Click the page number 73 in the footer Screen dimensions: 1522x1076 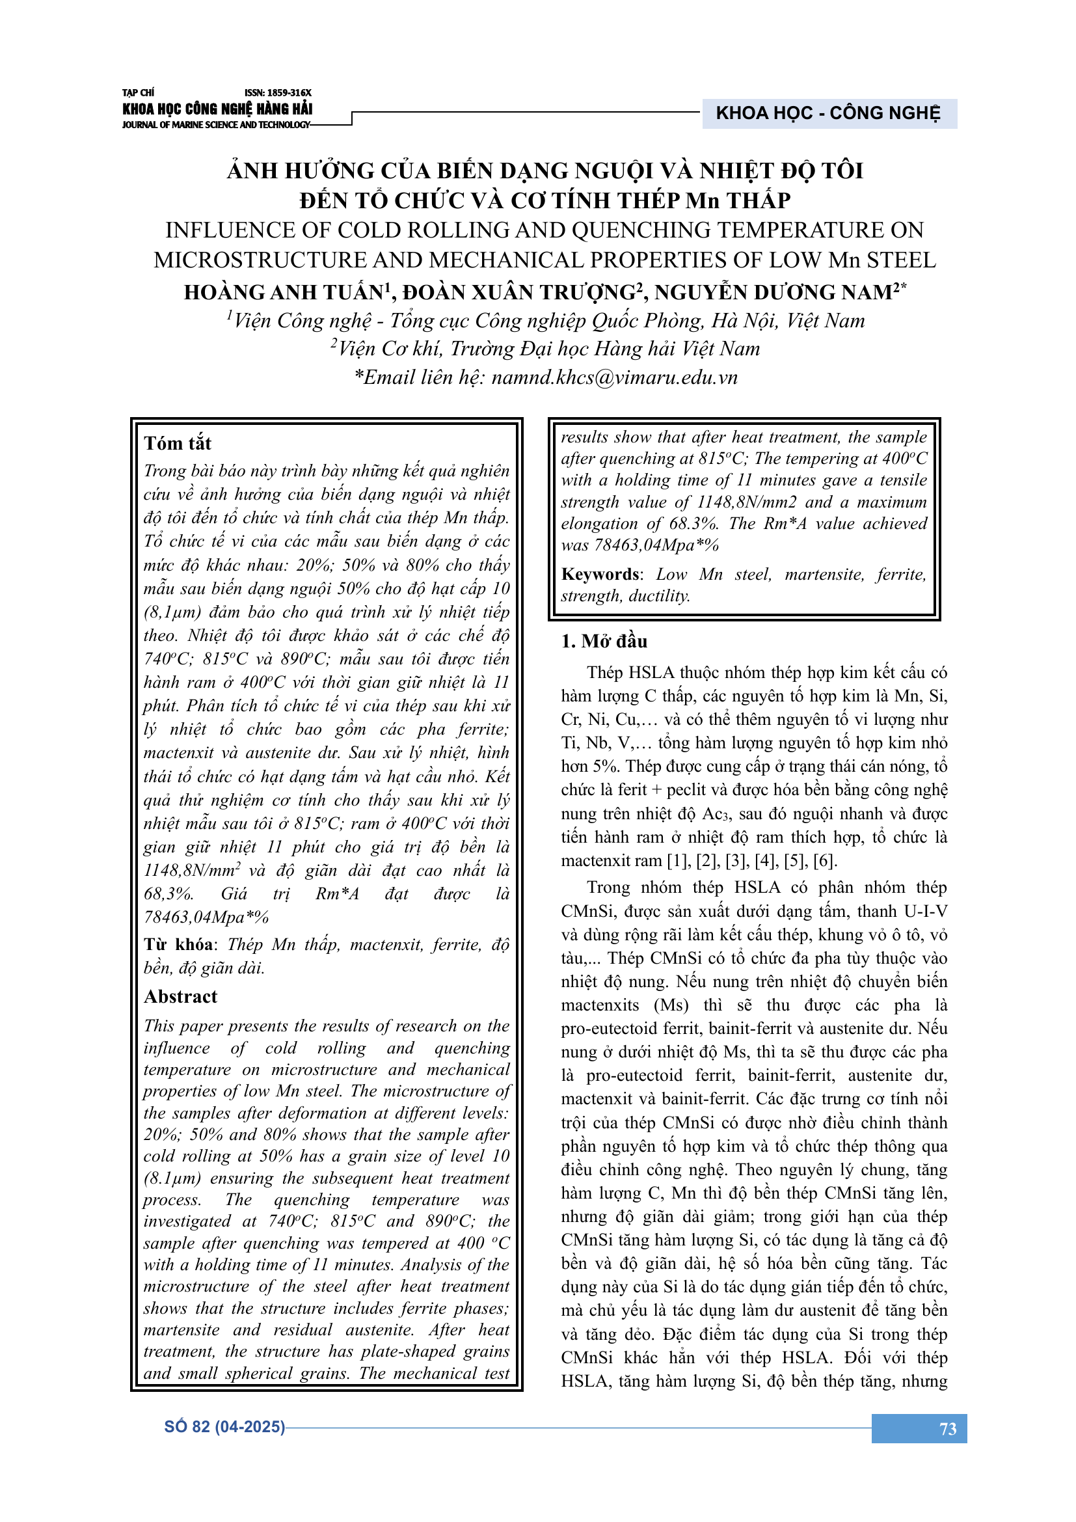(x=947, y=1428)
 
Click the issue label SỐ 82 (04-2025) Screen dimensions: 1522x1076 (x=224, y=1426)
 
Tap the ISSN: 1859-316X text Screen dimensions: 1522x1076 (x=278, y=93)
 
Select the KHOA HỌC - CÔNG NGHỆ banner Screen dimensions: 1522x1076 (x=828, y=113)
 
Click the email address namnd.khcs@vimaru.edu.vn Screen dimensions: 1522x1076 (x=614, y=378)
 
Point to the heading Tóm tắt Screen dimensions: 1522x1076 (x=178, y=443)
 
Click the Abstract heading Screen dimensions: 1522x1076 (x=181, y=997)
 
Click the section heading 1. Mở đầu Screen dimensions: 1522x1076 (x=604, y=641)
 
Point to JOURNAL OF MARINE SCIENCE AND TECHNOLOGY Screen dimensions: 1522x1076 (x=216, y=125)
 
